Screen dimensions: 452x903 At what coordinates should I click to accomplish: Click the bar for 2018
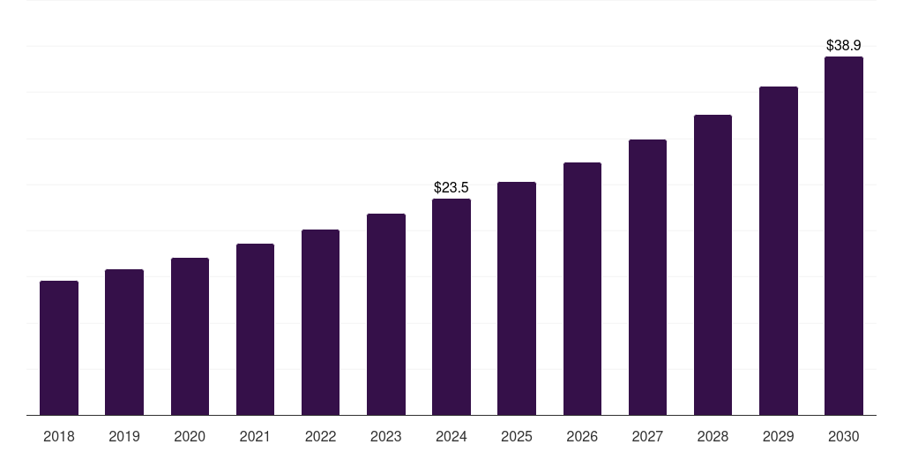(59, 348)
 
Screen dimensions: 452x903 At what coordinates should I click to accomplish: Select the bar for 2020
(190, 336)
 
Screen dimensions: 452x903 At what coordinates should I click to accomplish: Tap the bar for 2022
(320, 322)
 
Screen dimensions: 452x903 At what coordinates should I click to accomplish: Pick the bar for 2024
(451, 306)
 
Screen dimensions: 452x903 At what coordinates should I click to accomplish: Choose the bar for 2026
(582, 289)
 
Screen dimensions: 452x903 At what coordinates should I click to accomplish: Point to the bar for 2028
(713, 265)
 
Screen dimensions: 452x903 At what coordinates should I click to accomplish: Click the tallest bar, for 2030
(844, 236)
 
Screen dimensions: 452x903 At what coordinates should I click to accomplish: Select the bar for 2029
(779, 251)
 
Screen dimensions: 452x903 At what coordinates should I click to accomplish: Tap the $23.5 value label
(451, 187)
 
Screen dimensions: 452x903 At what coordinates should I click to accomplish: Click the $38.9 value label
(844, 44)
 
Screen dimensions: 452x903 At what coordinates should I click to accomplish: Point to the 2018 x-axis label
(59, 436)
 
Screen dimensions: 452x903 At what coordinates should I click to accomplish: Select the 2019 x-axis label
(124, 436)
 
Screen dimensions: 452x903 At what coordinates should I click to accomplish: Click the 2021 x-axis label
(255, 436)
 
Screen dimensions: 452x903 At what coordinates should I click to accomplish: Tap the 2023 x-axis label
(386, 436)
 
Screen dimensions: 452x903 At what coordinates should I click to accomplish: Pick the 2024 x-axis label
(451, 436)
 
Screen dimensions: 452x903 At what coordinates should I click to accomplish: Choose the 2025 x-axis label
(517, 436)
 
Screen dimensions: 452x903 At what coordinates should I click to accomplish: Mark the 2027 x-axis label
(647, 436)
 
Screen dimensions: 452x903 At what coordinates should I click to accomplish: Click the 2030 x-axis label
(844, 436)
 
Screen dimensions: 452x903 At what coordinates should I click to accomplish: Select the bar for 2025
(517, 298)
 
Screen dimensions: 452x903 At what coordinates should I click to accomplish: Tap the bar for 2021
(255, 329)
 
